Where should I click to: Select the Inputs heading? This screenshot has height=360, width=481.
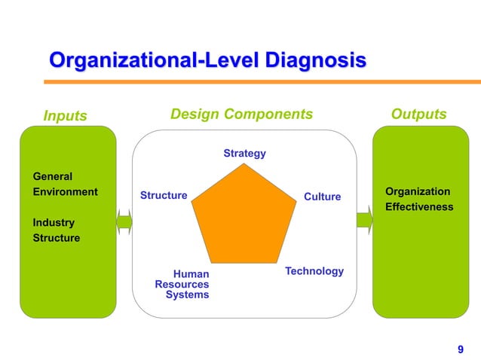point(65,116)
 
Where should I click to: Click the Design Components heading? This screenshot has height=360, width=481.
point(241,114)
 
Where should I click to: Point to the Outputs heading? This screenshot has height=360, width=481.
point(418,114)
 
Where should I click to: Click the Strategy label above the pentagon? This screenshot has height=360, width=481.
point(244,154)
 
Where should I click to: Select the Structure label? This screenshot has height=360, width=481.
point(164,196)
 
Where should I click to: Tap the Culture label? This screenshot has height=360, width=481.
point(322,197)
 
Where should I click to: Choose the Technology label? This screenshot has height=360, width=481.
point(314,271)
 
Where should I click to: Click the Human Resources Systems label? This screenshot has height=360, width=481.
point(183,285)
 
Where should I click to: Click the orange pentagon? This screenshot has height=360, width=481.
point(243,218)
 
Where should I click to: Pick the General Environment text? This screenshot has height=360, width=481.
point(64,185)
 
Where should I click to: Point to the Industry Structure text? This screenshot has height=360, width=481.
point(56,230)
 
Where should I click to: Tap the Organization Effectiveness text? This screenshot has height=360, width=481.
point(419,199)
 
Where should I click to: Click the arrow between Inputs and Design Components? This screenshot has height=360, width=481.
point(124,221)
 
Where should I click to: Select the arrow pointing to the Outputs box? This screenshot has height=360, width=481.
point(365,221)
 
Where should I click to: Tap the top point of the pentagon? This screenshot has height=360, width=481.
point(244,166)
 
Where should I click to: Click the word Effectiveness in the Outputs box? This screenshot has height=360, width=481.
point(419,206)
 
